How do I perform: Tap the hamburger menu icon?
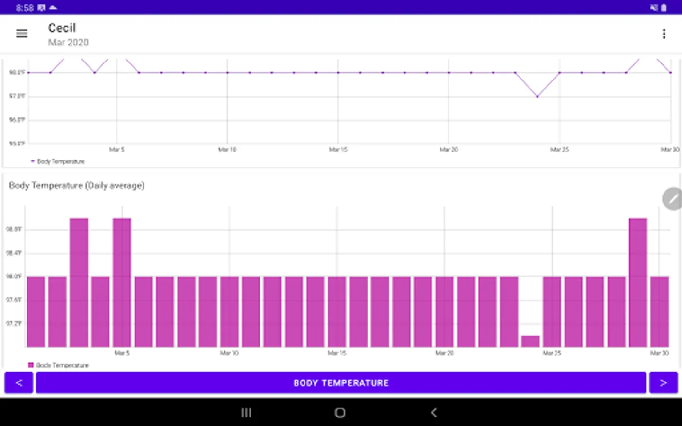(22, 34)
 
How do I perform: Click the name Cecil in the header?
(62, 28)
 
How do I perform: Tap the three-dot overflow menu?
(664, 34)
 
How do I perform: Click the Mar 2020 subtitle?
(68, 43)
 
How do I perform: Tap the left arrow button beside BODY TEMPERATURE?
(19, 382)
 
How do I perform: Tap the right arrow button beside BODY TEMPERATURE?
(663, 382)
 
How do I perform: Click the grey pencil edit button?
(673, 199)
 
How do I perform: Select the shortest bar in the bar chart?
(530, 341)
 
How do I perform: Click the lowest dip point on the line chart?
(538, 97)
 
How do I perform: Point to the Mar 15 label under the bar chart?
(337, 353)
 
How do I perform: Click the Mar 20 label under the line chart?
(449, 150)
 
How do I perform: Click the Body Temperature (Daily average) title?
(77, 186)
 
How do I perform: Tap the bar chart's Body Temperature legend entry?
(59, 365)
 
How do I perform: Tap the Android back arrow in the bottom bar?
(434, 413)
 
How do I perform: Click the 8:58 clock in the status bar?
(25, 8)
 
